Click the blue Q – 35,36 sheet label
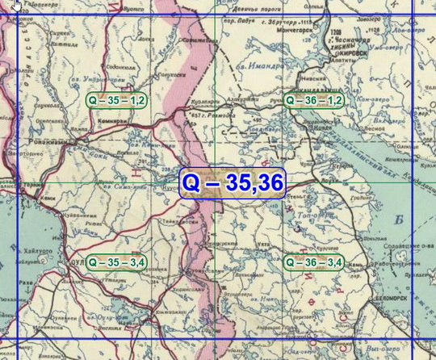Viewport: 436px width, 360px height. (231, 183)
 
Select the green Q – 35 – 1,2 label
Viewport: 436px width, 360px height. (116, 100)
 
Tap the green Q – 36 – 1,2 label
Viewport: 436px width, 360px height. (315, 100)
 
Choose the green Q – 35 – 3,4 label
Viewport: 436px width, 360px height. (116, 262)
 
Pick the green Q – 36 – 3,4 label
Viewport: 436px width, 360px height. (315, 262)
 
